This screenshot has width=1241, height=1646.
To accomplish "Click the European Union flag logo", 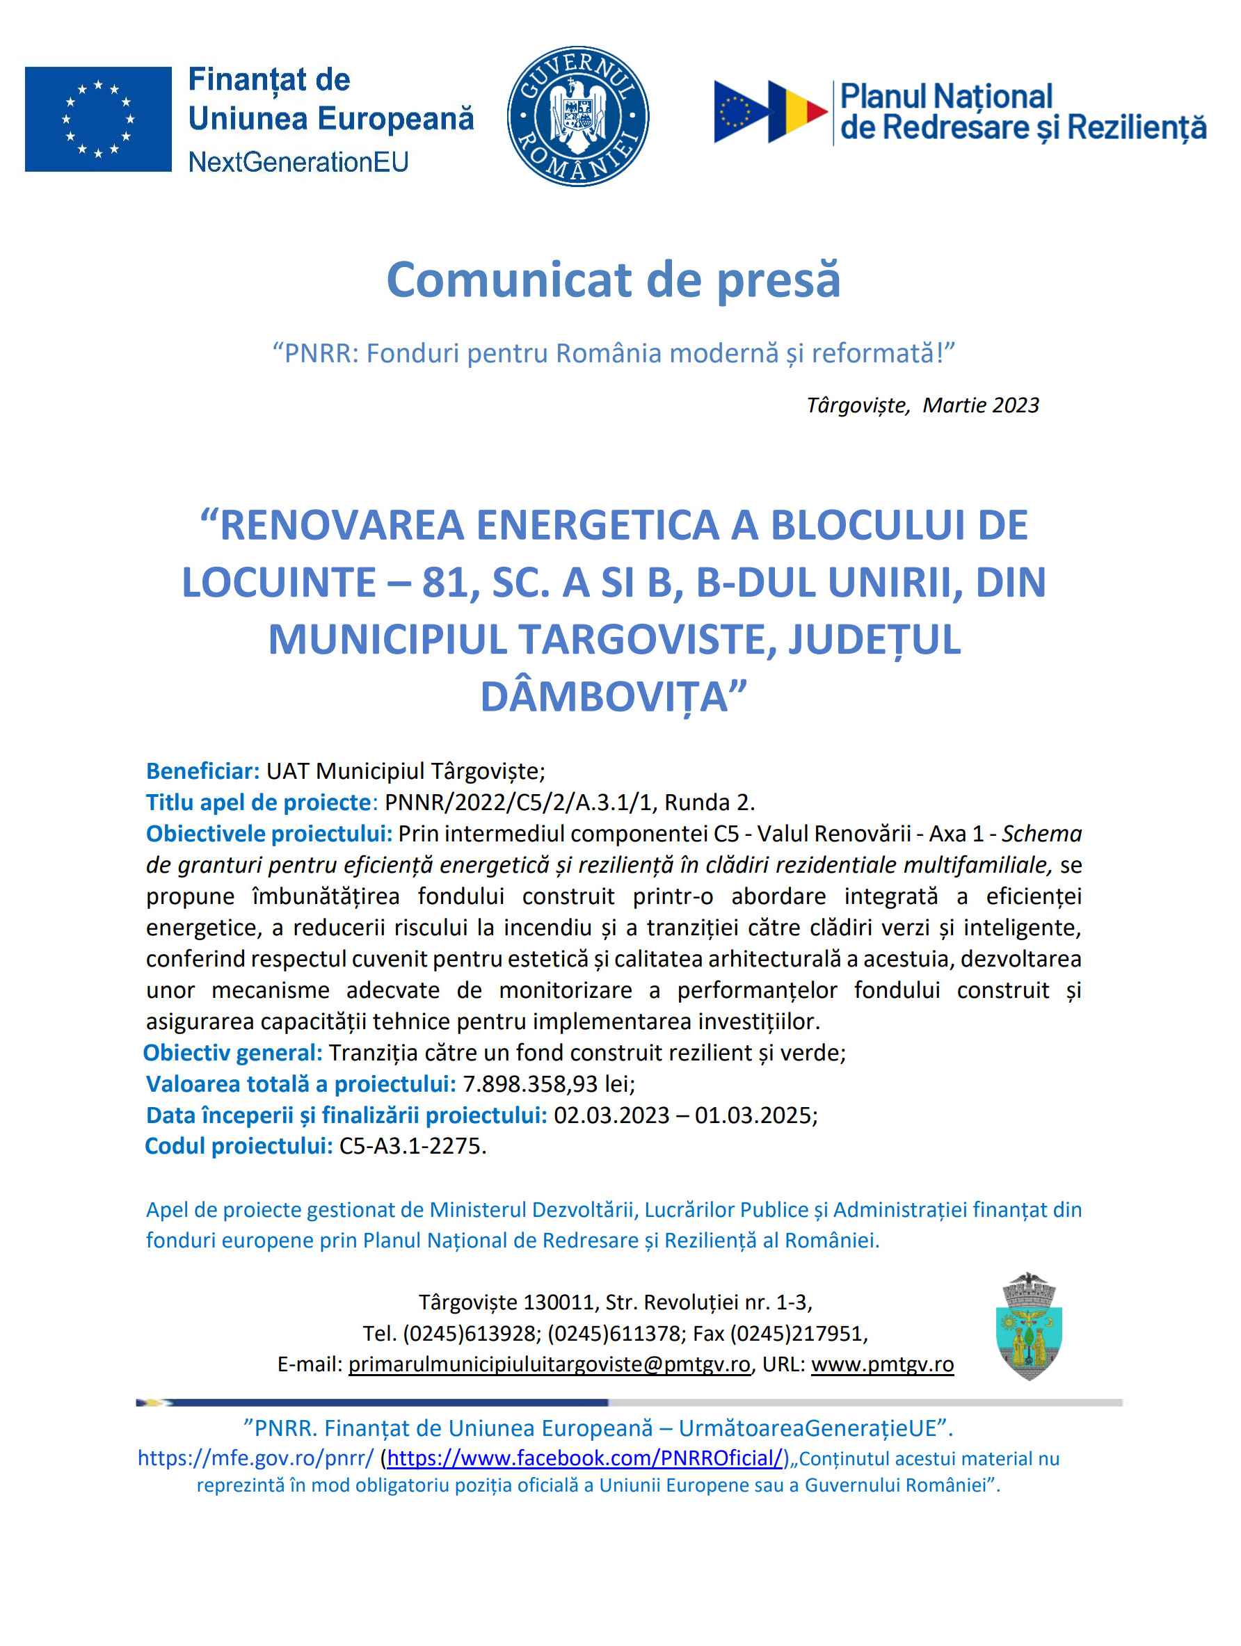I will point(98,119).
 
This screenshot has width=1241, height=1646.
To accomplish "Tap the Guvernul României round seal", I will point(577,116).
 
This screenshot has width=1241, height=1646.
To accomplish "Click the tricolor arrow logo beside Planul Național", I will point(770,112).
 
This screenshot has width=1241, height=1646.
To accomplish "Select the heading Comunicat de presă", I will point(614,280).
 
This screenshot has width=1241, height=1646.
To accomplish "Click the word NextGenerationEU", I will point(298,162).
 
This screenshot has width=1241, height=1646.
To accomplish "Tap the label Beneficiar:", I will point(202,771).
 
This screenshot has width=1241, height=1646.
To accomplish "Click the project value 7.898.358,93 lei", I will point(548,1084).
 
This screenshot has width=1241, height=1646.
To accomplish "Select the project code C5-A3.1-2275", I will point(412,1146).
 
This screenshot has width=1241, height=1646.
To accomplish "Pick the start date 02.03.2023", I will point(611,1115).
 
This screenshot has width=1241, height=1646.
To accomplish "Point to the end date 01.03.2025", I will point(755,1115).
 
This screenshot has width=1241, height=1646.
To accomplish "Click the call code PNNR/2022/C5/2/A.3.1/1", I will point(518,802).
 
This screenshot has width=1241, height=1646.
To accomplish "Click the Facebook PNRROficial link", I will point(585,1458).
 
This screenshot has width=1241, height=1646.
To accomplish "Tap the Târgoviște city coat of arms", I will point(1029,1327).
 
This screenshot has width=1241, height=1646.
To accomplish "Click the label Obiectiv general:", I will point(233,1053).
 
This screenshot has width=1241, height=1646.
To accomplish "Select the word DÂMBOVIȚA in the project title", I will point(604,697).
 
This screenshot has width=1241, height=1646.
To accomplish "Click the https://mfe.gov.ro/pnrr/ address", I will point(255,1458).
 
